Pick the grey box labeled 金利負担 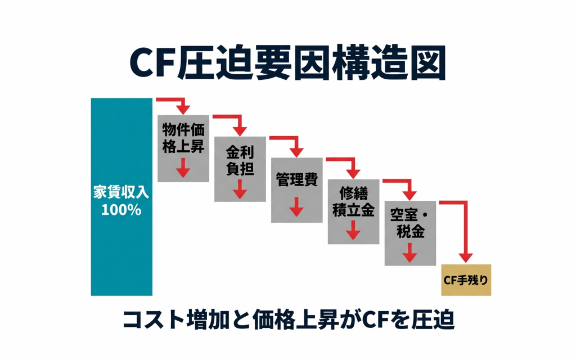pos(240,169)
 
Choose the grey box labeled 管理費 pos(296,190)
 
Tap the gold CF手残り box pos(466,280)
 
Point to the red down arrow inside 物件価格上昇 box pos(183,168)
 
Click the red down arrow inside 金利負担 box pos(240,189)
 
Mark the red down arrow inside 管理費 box pos(296,208)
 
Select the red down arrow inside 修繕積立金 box pos(353,229)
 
